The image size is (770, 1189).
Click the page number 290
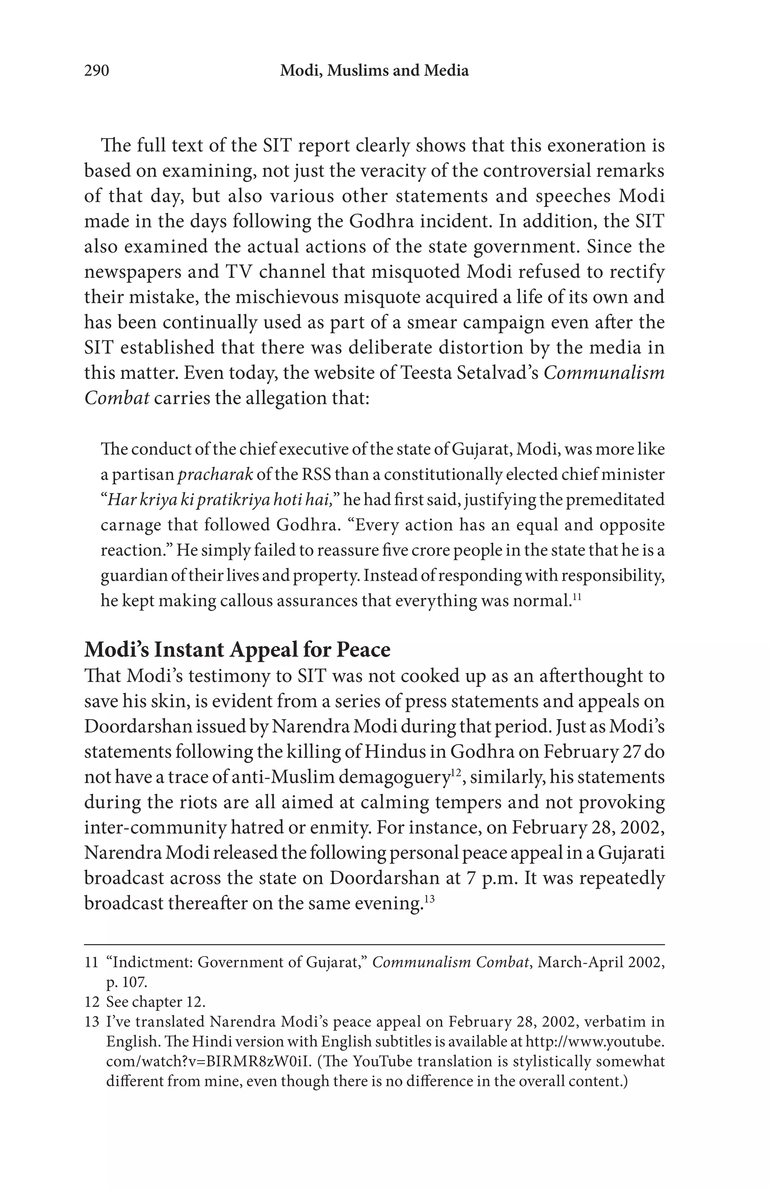(96, 71)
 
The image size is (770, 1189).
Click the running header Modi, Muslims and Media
(374, 71)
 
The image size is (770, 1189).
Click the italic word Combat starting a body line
(117, 399)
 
